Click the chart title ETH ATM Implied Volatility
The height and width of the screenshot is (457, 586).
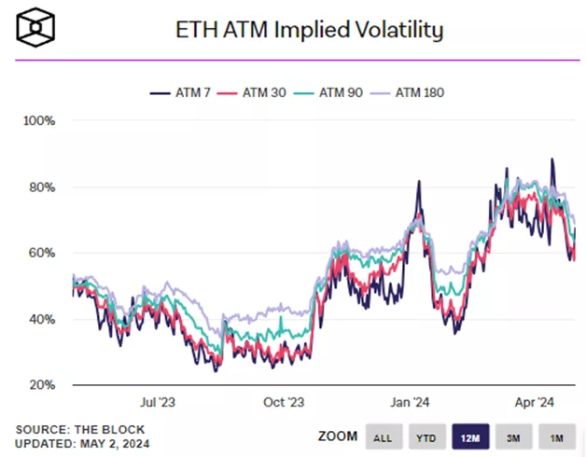[x=310, y=30]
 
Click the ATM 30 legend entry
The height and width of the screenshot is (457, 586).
[x=258, y=92]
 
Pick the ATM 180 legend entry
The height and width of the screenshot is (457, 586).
[x=414, y=92]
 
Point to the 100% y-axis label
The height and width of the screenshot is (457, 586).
[x=40, y=121]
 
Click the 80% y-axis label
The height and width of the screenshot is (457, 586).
[x=42, y=187]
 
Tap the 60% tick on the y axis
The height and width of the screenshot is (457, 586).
[x=42, y=253]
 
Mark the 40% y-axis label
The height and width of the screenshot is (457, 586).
[x=42, y=319]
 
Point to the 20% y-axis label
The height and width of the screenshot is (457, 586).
[x=42, y=385]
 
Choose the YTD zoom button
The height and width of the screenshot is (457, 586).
[x=425, y=436]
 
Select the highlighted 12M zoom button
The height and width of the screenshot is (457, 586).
[x=467, y=436]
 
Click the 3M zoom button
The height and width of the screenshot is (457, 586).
[x=511, y=436]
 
